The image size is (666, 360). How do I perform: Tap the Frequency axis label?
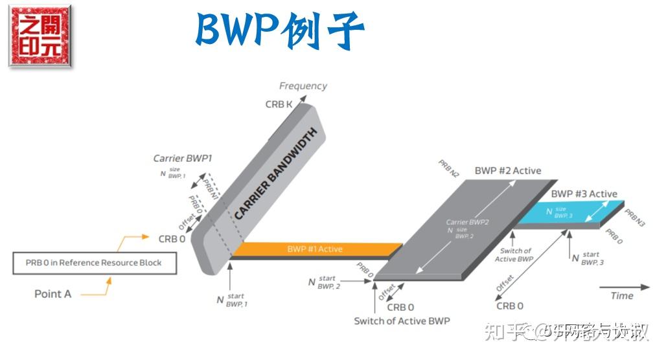tap(303, 85)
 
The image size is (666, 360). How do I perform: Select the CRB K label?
tap(278, 104)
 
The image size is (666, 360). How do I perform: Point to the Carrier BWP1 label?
tap(183, 158)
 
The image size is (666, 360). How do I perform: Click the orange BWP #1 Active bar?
tap(315, 249)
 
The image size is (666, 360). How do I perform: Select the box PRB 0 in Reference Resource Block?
tap(95, 263)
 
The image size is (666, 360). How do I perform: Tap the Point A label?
tap(52, 294)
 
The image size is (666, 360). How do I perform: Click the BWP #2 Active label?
tap(508, 171)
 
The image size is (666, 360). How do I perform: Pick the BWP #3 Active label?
tap(584, 194)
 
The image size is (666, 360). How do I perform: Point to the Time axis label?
tap(621, 296)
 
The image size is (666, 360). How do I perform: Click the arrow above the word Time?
tap(623, 286)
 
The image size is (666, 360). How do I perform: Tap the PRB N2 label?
tap(449, 169)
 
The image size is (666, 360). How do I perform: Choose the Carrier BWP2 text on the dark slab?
tap(466, 222)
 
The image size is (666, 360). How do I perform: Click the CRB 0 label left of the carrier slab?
tap(172, 239)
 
